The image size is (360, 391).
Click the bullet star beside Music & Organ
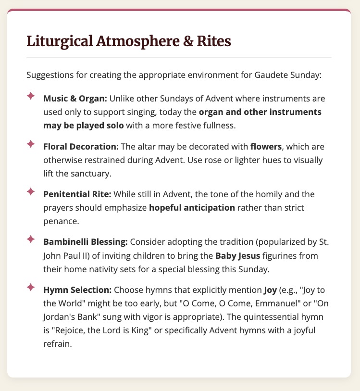tap(30, 96)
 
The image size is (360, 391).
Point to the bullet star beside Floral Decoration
tap(30, 144)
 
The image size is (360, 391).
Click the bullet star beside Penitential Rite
tap(30, 191)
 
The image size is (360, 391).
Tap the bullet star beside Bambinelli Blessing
tap(30, 239)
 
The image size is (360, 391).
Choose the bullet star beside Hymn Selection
tap(30, 287)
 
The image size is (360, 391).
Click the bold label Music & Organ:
tap(75, 99)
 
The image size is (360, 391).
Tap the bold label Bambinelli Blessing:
tap(85, 241)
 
